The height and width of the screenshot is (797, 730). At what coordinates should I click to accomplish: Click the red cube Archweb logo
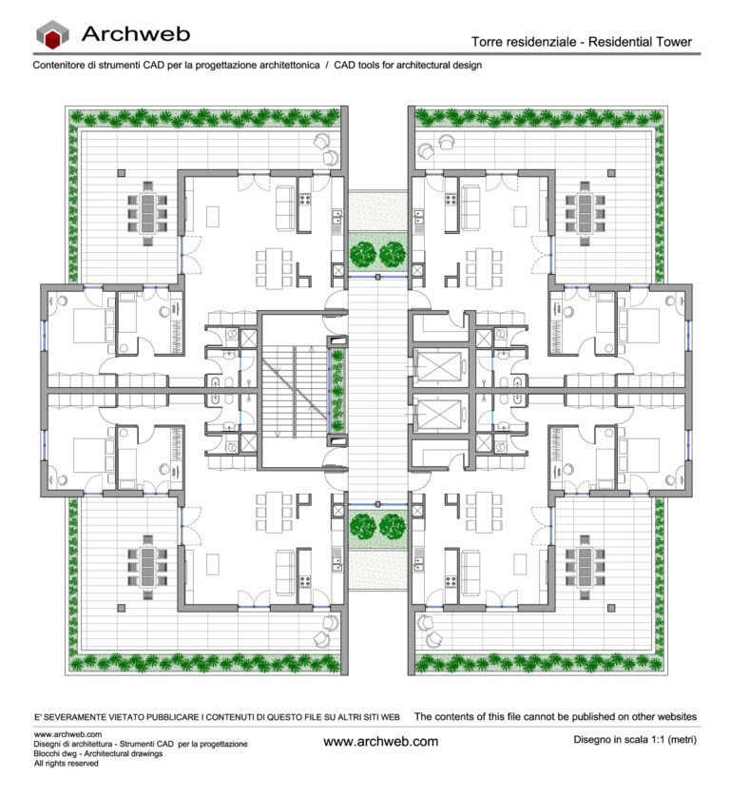tap(52, 36)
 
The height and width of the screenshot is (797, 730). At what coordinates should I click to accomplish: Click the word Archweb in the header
tap(135, 34)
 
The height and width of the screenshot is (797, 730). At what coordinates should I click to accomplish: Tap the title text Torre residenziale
tap(526, 42)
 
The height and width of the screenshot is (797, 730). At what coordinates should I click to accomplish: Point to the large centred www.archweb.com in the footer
tap(380, 741)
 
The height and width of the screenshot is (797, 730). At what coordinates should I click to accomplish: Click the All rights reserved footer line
tap(66, 763)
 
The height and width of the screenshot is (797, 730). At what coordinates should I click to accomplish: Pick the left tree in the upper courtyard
tap(362, 254)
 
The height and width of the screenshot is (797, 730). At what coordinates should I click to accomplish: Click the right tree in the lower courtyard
tap(393, 525)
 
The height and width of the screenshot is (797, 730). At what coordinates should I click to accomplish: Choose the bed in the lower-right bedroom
tap(643, 457)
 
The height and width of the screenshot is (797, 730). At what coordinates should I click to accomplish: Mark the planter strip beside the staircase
tap(336, 390)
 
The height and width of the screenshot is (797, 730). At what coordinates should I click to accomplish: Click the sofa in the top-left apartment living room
tap(284, 204)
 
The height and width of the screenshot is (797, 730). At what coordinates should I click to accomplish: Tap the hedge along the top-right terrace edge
tap(537, 117)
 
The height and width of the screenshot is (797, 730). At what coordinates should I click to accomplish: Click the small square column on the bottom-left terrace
tap(121, 605)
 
